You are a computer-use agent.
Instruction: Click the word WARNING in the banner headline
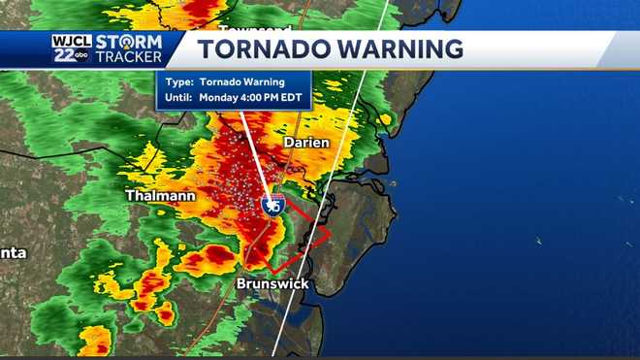click(x=397, y=49)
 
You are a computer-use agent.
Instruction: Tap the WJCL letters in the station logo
click(x=71, y=41)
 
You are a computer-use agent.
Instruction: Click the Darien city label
click(x=306, y=143)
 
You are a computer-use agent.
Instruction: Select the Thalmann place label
click(x=160, y=196)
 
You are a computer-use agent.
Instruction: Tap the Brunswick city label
click(x=272, y=283)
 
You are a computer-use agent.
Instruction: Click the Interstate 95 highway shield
click(x=272, y=205)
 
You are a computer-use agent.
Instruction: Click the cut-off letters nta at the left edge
click(x=13, y=253)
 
